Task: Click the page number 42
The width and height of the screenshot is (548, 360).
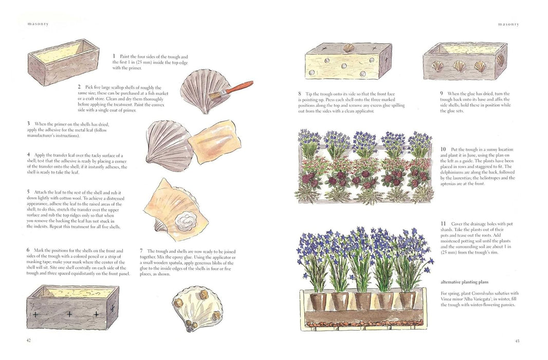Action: [x=28, y=340]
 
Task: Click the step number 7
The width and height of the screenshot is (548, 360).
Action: [x=142, y=250]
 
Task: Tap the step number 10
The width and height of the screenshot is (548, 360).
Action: [x=443, y=149]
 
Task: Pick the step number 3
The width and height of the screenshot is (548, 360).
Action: [x=28, y=124]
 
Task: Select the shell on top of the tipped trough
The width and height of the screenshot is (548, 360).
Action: [x=349, y=49]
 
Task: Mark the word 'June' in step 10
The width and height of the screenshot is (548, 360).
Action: [x=476, y=155]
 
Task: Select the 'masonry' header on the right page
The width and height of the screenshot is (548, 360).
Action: [x=508, y=24]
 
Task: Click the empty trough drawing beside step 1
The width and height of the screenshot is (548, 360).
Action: [x=63, y=61]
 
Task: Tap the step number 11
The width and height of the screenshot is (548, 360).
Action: [x=443, y=224]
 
